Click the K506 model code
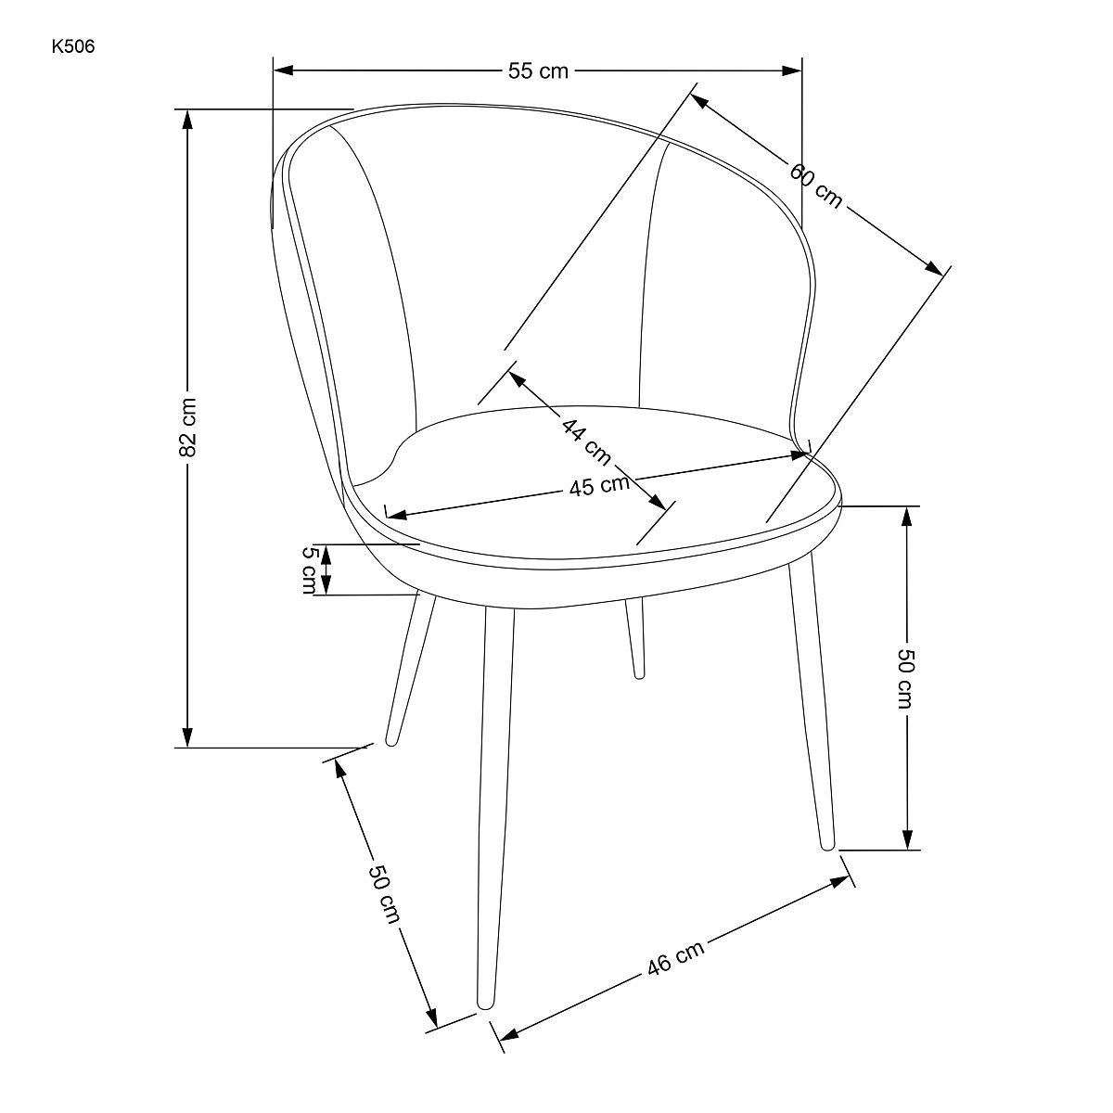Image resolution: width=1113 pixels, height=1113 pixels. tap(72, 46)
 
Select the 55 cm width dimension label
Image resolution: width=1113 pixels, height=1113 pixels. tap(538, 71)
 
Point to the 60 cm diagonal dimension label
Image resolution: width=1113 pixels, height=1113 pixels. tap(816, 185)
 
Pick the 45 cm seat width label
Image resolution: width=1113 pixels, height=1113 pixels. tap(599, 485)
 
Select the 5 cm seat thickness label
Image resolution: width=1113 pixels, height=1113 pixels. tap(310, 569)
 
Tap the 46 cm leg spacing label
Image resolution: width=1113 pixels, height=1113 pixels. tap(675, 957)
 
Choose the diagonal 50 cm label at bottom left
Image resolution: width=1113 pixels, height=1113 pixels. tap(384, 893)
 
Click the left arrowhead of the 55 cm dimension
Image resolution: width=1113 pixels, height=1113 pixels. tap(284, 70)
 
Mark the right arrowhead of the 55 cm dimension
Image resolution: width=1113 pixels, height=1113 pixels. tap(792, 70)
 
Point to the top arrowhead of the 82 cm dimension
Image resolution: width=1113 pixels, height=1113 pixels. tap(186, 121)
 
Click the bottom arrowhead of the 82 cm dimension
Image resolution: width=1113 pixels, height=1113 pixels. tap(186, 737)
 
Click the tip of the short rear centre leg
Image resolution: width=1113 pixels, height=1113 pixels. tap(639, 674)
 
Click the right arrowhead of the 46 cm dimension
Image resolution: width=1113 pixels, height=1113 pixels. tap(839, 882)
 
